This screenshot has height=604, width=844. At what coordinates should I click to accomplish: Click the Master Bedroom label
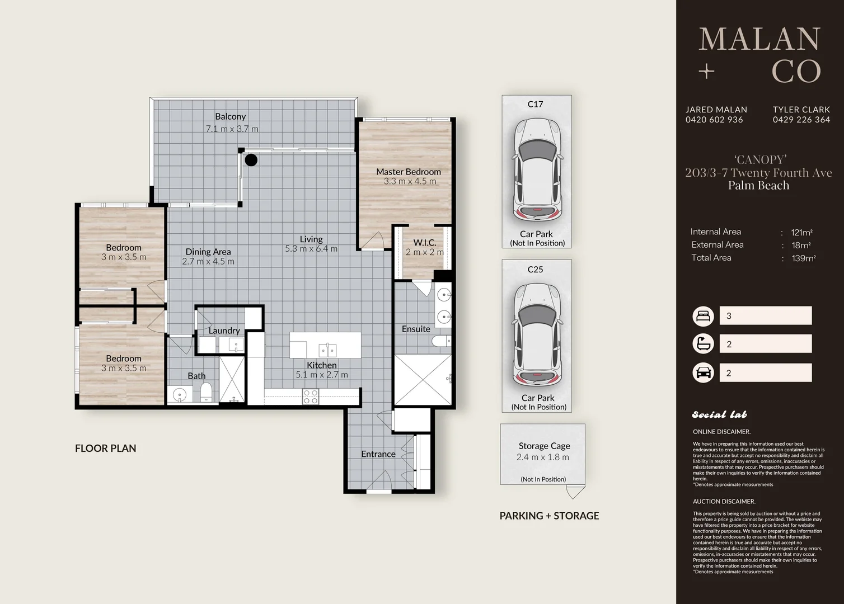pos(409,172)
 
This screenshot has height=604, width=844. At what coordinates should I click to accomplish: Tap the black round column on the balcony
pos(251,160)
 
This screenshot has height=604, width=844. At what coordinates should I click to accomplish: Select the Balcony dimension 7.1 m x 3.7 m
pos(232,129)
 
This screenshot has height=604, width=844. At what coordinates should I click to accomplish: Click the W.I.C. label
pos(425,243)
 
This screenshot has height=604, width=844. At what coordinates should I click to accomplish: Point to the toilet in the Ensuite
pos(441,341)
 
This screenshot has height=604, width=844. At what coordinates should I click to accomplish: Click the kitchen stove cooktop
pos(311,397)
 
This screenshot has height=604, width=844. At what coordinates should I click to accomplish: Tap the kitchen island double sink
pos(327,350)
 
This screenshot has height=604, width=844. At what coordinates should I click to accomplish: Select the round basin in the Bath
pos(180,395)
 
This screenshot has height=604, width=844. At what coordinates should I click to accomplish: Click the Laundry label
pos(224,331)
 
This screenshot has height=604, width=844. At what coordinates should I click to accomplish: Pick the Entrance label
pos(378,454)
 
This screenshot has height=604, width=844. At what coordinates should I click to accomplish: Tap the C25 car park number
pos(536,270)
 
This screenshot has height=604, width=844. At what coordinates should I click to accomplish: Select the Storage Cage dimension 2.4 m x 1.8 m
pos(542,457)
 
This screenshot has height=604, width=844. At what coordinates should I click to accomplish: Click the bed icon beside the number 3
pos(703,315)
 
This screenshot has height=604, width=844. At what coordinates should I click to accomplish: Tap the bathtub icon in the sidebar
pos(703,343)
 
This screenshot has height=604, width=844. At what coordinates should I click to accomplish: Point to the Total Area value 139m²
pos(804,258)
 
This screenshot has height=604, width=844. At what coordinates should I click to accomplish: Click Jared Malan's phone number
pos(714,120)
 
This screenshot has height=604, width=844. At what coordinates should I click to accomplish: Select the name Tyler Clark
pos(801,110)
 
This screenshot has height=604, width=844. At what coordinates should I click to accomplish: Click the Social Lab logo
pos(719,414)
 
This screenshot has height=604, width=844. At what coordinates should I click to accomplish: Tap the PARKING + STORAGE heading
pos(550,516)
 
